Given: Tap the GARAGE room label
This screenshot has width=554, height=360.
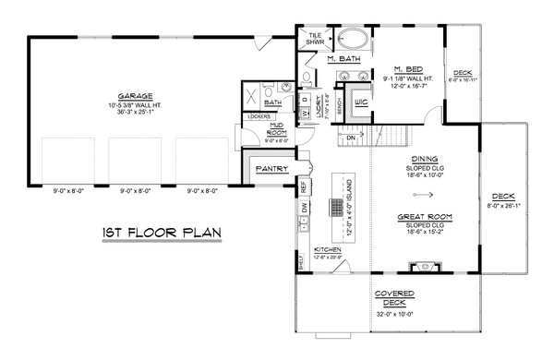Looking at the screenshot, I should (135, 96).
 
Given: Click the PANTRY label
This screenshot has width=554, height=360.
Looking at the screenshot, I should (267, 169).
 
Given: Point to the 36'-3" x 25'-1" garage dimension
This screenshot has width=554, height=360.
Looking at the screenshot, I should (135, 110).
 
